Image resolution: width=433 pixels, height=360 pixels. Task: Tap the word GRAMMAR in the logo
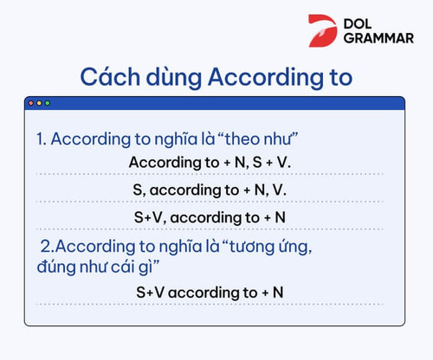click(378, 39)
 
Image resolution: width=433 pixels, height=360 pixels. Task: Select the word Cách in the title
click(110, 77)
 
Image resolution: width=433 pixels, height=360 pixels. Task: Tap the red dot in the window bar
click(30, 103)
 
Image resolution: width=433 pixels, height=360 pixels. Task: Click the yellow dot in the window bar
click(38, 103)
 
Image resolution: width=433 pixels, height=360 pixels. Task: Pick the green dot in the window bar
click(47, 103)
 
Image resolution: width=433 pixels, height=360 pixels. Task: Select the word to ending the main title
click(339, 77)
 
